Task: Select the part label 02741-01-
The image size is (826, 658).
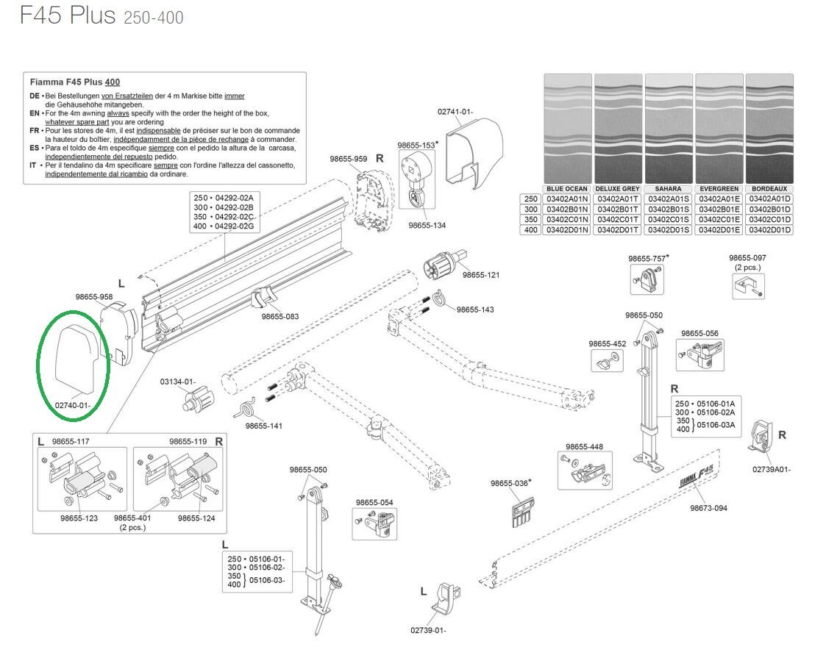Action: click(455, 112)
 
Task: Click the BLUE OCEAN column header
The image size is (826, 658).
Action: click(567, 189)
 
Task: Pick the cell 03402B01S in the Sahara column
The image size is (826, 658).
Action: click(669, 210)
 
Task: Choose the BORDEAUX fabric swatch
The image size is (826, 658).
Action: click(769, 128)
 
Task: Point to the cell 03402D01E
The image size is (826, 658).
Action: click(719, 230)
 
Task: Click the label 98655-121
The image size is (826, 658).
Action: click(481, 275)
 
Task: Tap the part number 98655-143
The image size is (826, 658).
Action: click(475, 310)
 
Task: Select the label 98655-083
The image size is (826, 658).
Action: click(280, 316)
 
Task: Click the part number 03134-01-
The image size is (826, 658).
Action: click(178, 382)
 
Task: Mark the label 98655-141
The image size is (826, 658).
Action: click(264, 426)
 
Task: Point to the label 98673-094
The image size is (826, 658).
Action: click(708, 508)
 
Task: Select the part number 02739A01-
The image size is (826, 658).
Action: click(772, 469)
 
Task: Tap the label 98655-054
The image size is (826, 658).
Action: click(374, 503)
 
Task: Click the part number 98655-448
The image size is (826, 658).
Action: click(584, 447)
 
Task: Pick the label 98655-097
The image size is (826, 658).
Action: click(747, 258)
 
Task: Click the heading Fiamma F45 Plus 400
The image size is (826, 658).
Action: click(74, 82)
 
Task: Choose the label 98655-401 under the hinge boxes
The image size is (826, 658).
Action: click(132, 518)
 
